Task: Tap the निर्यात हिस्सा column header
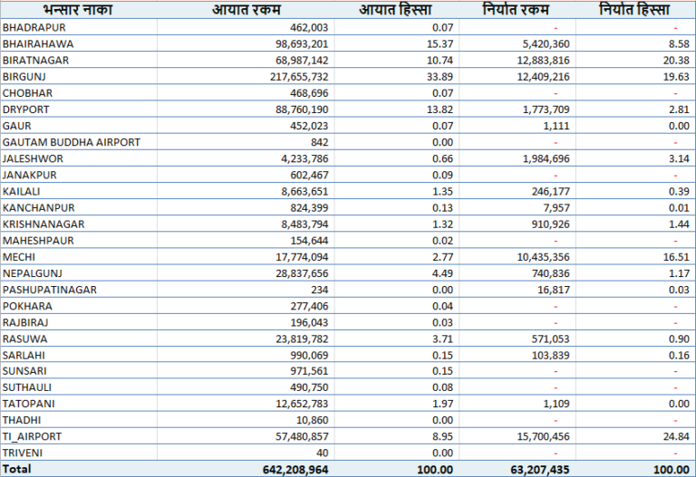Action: point(634,10)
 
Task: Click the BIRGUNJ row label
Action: point(24,76)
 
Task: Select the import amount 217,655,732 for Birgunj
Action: point(293,76)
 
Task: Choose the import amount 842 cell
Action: point(318,142)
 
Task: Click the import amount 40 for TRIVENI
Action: point(322,452)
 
